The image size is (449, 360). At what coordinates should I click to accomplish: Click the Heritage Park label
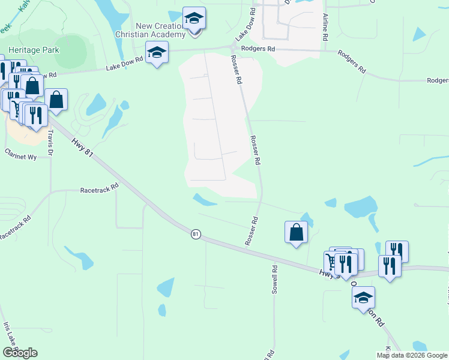click(33, 50)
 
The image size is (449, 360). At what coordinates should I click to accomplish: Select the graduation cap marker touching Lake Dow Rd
click(157, 53)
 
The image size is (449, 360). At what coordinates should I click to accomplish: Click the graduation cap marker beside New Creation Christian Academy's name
click(194, 19)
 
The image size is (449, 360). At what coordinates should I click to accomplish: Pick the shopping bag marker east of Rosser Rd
click(296, 232)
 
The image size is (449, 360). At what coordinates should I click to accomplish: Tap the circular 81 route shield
click(196, 234)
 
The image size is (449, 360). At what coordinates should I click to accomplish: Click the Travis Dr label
click(50, 142)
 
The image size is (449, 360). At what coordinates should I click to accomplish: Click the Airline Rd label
click(325, 26)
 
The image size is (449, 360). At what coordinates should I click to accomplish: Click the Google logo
click(20, 353)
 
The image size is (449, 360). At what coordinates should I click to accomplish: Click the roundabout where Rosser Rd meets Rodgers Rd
click(233, 48)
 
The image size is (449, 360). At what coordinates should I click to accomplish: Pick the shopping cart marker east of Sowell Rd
click(332, 262)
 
